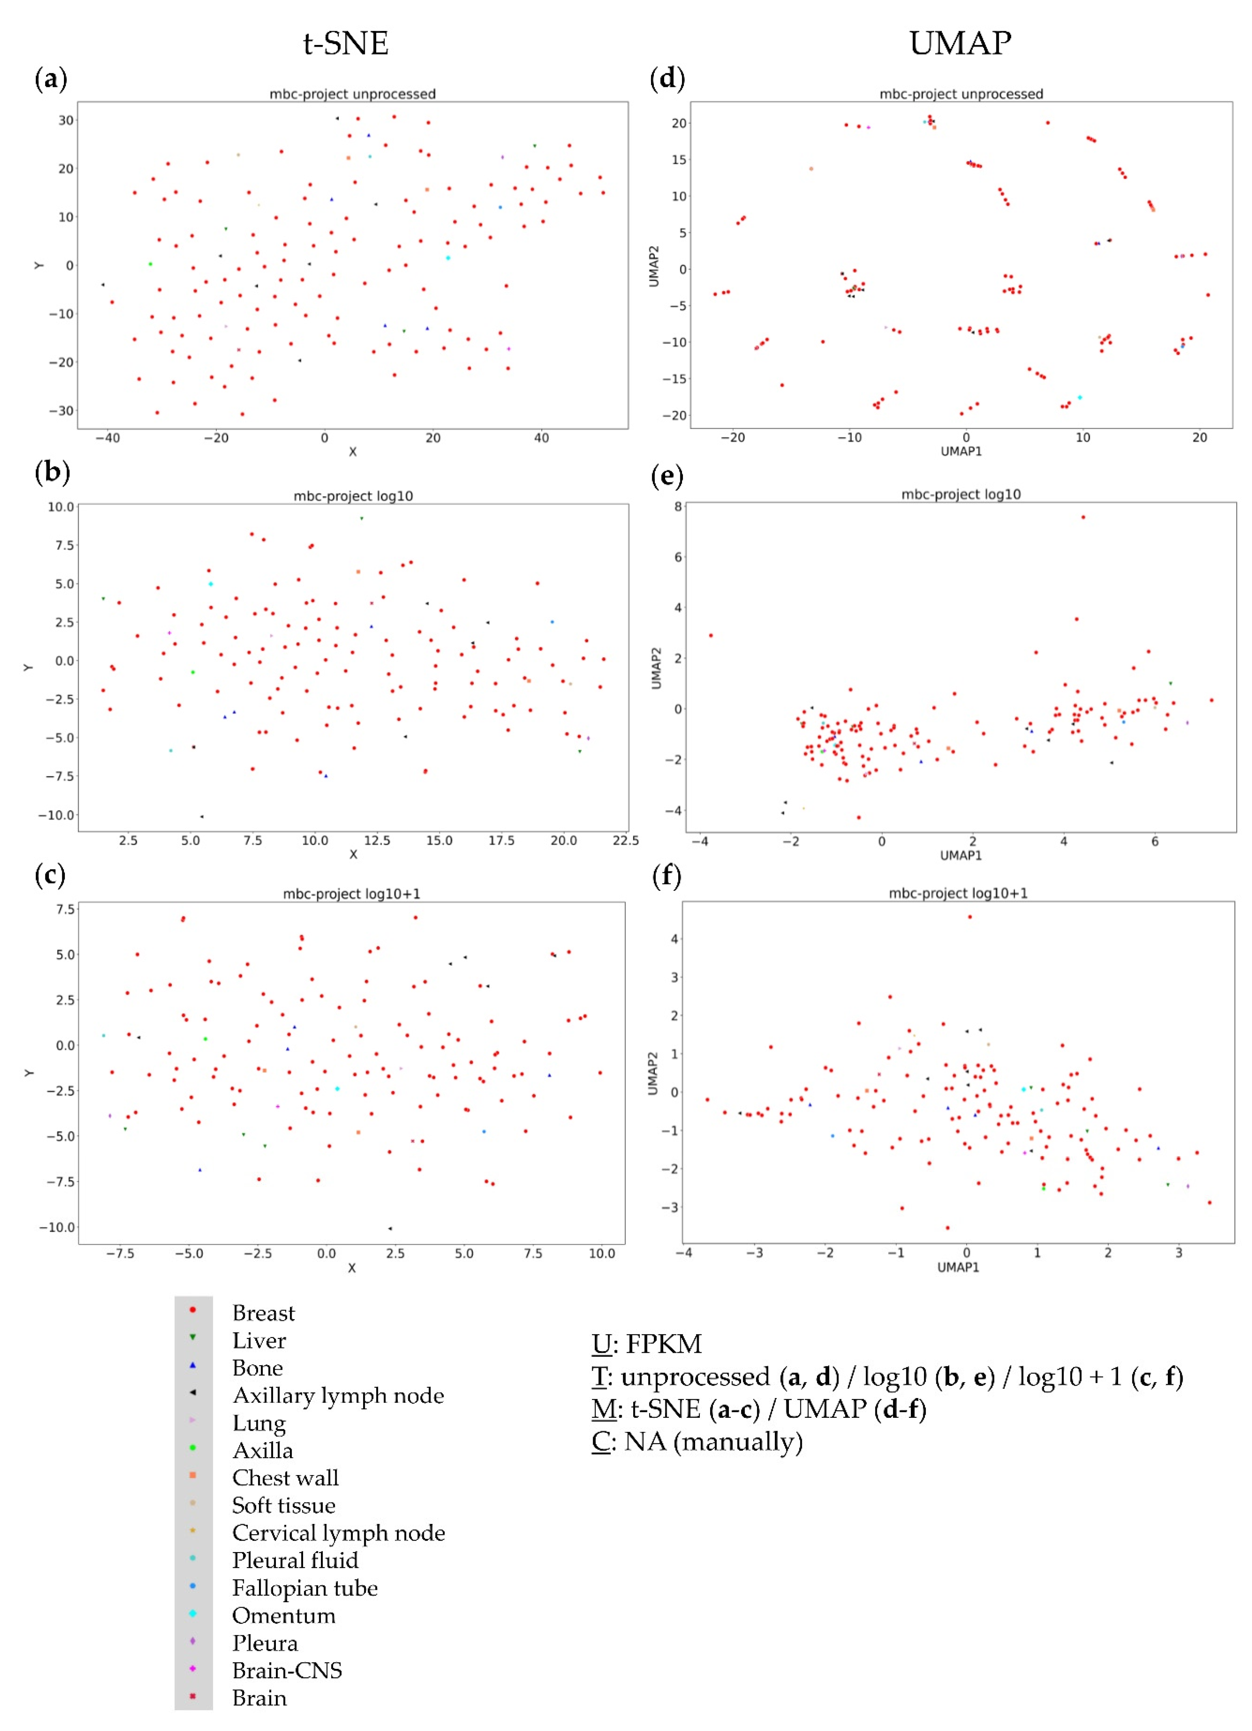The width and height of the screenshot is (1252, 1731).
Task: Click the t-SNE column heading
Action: pyautogui.click(x=346, y=44)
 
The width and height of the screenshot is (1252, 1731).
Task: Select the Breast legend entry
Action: pyautogui.click(x=264, y=1313)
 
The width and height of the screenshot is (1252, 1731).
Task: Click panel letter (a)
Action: pyautogui.click(x=51, y=79)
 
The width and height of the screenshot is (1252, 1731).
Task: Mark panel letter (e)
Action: pyautogui.click(x=667, y=476)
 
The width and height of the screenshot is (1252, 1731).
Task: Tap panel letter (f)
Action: pyautogui.click(x=667, y=875)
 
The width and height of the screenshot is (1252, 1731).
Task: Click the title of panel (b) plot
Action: pyautogui.click(x=353, y=496)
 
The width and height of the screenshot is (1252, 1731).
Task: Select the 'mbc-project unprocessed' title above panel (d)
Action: pyautogui.click(x=960, y=94)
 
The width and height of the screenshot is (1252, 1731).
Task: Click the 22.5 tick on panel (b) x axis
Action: pyautogui.click(x=625, y=840)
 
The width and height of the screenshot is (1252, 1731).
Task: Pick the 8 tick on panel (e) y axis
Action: pyautogui.click(x=677, y=507)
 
